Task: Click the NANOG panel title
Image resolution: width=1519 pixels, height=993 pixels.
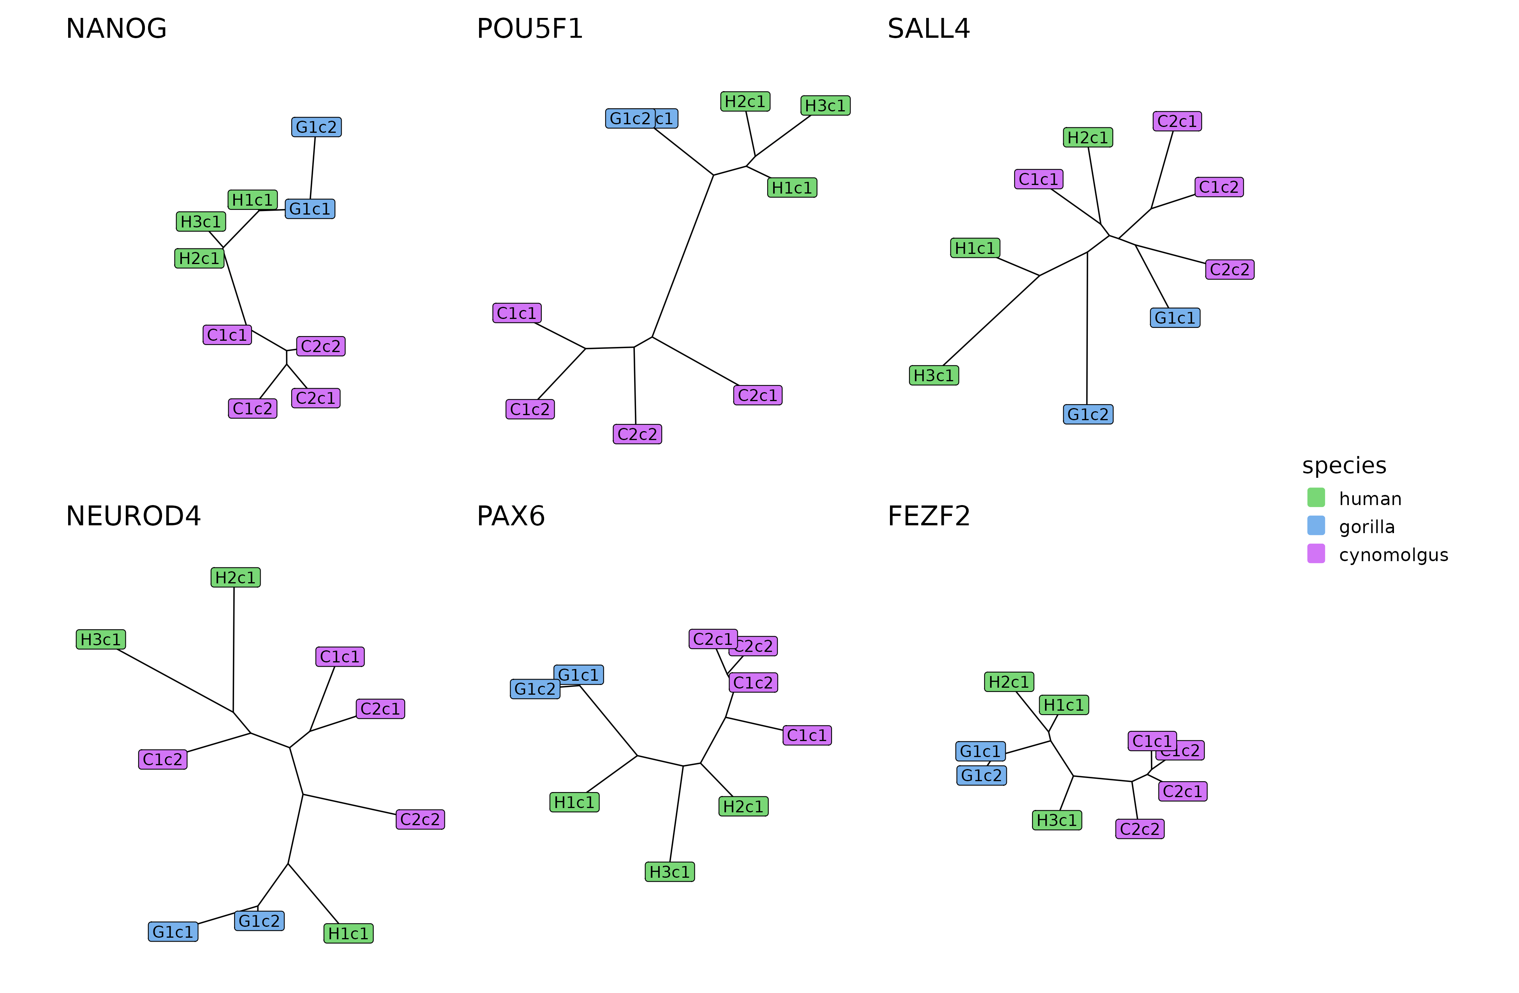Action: (116, 29)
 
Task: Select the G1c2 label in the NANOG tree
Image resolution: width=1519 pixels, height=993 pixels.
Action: (316, 127)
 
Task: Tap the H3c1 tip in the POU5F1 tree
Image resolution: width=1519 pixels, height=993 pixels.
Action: (825, 105)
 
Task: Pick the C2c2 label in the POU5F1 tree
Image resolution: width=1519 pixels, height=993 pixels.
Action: (637, 434)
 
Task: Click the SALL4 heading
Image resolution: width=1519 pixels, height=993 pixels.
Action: (928, 29)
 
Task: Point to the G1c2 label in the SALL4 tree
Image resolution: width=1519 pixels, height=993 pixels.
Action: (1087, 414)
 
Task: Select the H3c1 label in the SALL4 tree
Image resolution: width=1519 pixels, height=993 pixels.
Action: (933, 375)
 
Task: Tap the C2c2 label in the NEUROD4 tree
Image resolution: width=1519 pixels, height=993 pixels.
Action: (420, 819)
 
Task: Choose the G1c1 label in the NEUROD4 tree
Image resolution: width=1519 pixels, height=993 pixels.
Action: (173, 932)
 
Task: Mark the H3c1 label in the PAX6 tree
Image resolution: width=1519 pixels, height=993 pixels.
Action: (670, 872)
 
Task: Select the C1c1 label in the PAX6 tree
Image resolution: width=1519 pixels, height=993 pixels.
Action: (807, 735)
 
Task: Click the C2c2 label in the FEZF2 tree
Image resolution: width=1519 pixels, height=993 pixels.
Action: (1139, 829)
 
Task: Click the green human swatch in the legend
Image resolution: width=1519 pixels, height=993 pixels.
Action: (1315, 497)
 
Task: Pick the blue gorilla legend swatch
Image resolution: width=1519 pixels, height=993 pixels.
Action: (1315, 525)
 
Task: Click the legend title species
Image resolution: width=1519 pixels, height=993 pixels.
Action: (1343, 465)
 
